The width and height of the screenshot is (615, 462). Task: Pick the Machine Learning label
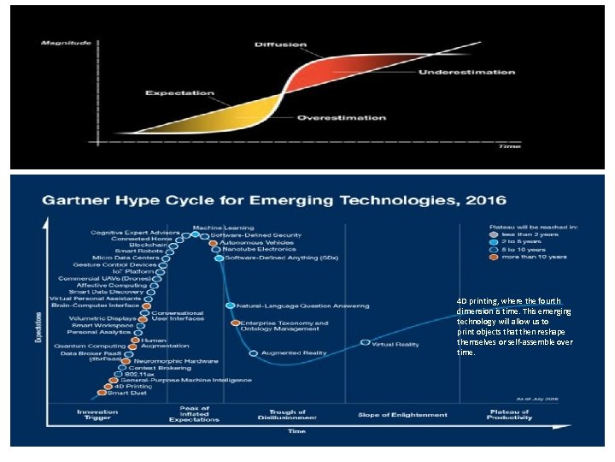point(228,227)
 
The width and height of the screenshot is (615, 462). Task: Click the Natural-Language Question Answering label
point(302,305)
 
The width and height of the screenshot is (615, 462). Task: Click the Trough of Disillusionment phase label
point(287,415)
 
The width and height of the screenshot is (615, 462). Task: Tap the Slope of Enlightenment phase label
point(402,415)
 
